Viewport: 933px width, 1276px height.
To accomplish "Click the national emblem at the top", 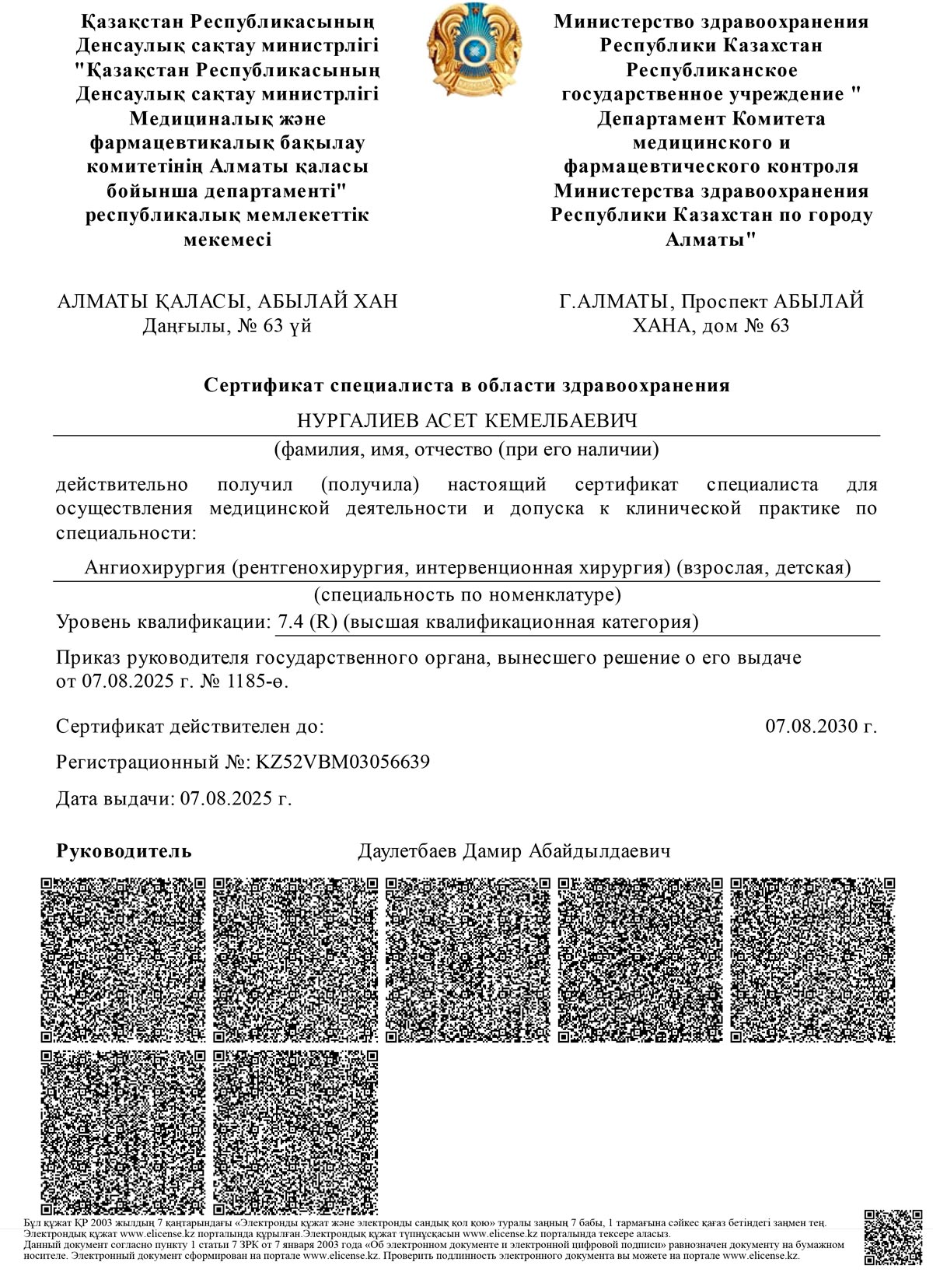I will click(x=468, y=49).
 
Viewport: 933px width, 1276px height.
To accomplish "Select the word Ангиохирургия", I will click(x=154, y=567).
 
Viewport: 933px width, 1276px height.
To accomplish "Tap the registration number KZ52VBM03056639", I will click(x=343, y=762).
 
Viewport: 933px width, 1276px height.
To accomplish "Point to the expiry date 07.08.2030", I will click(x=821, y=727).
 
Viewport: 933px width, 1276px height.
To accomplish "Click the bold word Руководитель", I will click(x=124, y=851).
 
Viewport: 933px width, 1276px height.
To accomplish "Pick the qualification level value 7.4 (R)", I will click(x=306, y=622).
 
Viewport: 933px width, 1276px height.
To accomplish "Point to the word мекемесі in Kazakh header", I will click(x=227, y=239).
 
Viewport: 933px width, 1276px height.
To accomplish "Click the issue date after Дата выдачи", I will click(x=236, y=799).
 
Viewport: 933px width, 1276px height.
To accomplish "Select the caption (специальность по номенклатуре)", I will click(x=466, y=596).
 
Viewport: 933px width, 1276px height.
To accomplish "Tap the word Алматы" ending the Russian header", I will click(x=711, y=239).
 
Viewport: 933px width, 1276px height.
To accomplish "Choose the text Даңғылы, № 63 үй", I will click(x=227, y=325).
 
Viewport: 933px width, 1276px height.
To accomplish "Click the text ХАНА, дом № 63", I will click(x=711, y=325).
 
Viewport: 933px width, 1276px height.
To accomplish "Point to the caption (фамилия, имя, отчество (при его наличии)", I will click(x=466, y=449).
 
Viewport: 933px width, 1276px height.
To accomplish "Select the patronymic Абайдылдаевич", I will click(x=599, y=851).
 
